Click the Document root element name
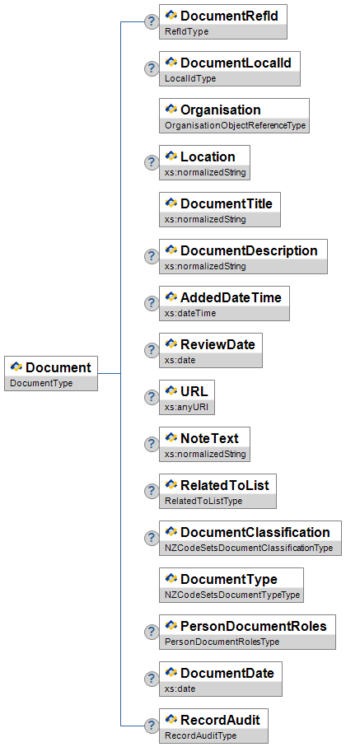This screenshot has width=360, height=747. click(x=58, y=367)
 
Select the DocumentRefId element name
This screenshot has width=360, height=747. click(x=229, y=16)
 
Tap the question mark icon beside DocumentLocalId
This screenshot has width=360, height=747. click(x=151, y=68)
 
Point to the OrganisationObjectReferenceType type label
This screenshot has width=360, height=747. click(x=235, y=126)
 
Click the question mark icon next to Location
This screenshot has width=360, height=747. click(x=151, y=162)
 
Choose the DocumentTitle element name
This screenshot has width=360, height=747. click(x=227, y=203)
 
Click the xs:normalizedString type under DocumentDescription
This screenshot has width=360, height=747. click(x=205, y=266)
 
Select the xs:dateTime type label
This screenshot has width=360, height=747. click(x=190, y=313)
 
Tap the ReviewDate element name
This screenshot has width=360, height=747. click(x=218, y=344)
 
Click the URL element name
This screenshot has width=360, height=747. click(x=194, y=391)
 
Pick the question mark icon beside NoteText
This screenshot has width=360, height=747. click(x=151, y=444)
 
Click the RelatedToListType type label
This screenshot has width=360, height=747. click(x=203, y=501)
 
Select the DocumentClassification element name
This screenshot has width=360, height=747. click(x=255, y=532)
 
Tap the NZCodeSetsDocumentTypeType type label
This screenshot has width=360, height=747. click(x=232, y=595)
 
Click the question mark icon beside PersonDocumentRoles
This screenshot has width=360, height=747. click(x=151, y=632)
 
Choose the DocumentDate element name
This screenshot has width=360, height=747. click(x=227, y=673)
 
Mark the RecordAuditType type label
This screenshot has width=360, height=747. click(x=200, y=735)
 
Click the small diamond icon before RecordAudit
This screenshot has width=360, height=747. click(x=171, y=719)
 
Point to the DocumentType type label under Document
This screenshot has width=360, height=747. click(x=41, y=383)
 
